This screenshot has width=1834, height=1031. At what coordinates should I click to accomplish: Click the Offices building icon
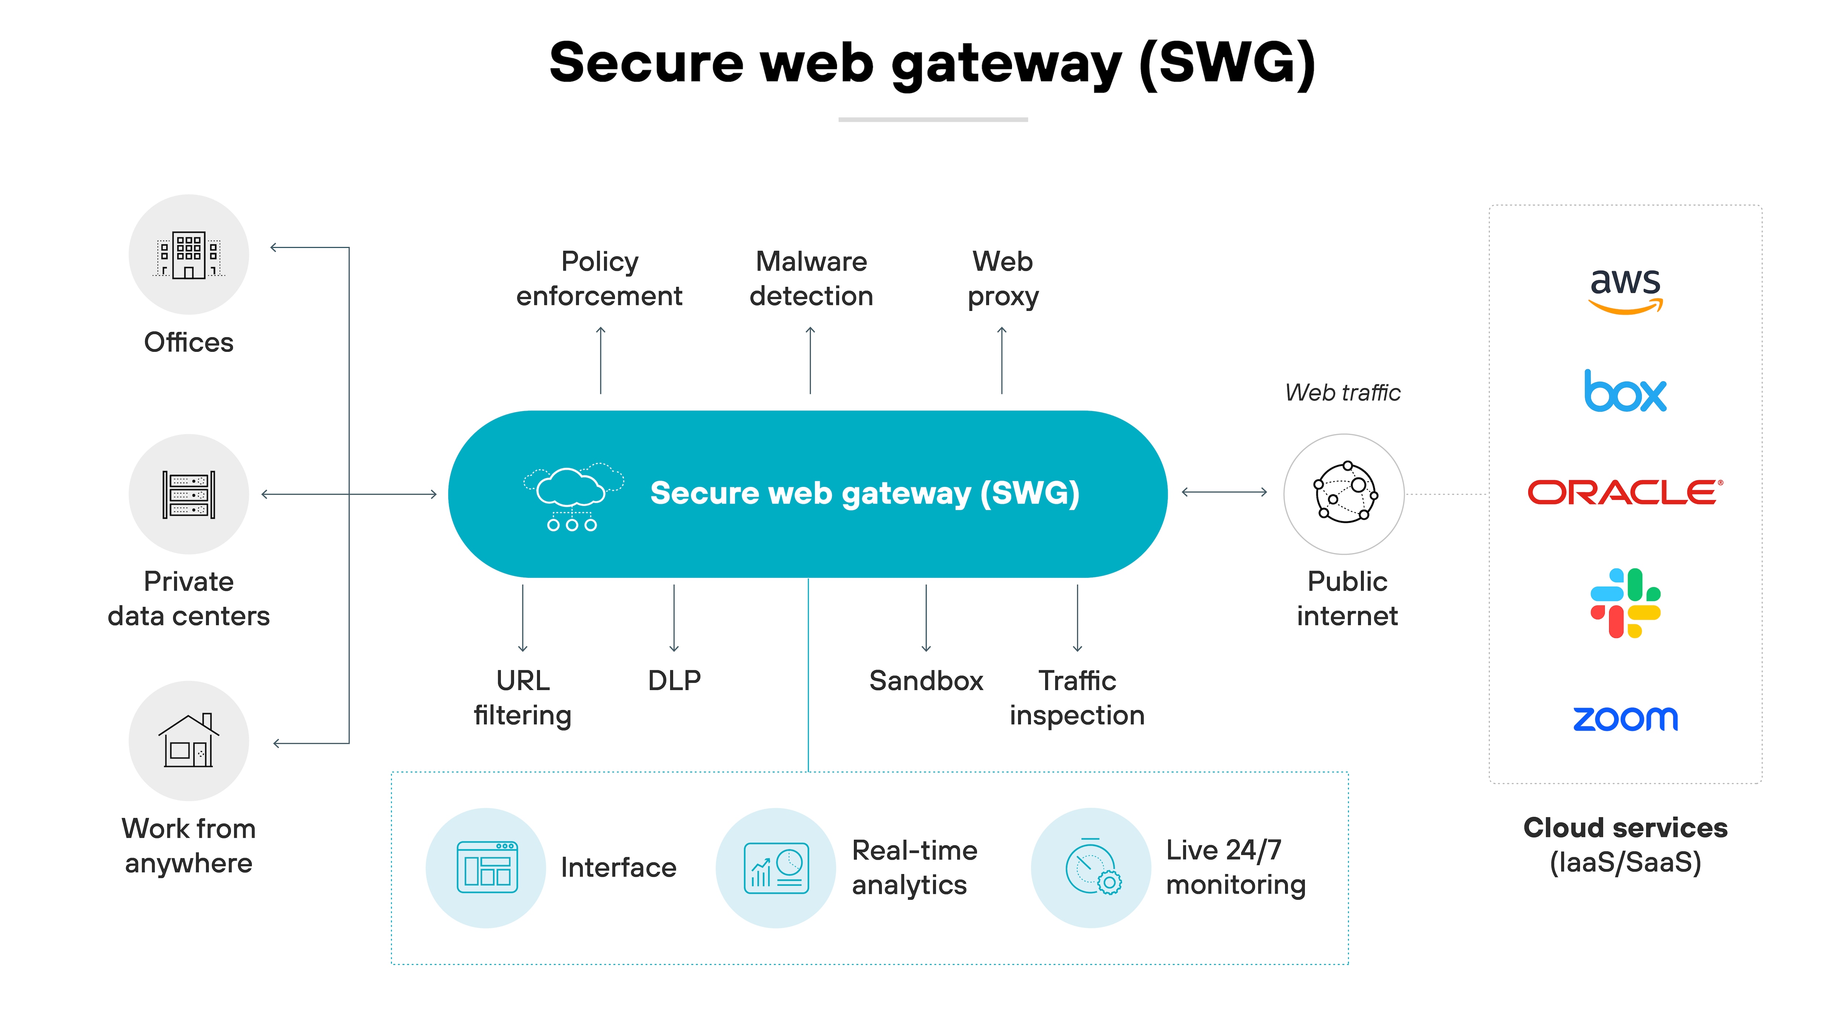click(189, 255)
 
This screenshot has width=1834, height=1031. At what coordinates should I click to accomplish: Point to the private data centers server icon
click(189, 495)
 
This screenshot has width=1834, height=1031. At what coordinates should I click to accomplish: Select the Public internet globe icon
click(1344, 493)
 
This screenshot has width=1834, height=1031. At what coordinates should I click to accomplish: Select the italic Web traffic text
click(1343, 393)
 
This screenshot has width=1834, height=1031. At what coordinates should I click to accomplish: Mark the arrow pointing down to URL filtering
click(523, 617)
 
